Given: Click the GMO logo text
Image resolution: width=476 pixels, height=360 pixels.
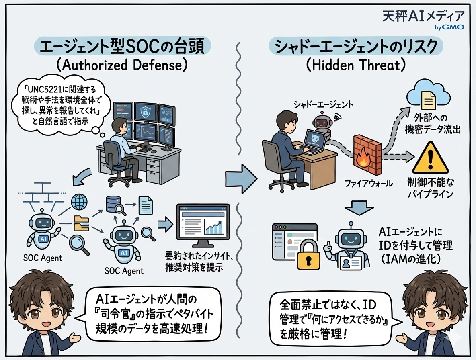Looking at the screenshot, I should pos(454,27).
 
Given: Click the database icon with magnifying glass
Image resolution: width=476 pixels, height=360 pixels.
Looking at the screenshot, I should pos(112,205).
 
